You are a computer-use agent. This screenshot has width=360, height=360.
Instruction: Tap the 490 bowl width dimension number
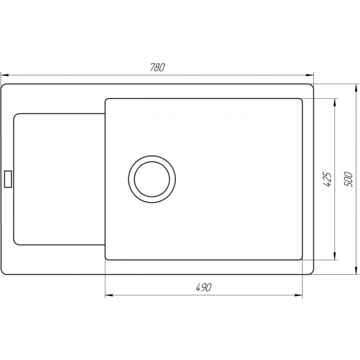coord(204,289)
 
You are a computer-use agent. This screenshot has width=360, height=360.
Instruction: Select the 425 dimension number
coord(328,179)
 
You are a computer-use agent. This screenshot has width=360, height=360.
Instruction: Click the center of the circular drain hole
coord(152,179)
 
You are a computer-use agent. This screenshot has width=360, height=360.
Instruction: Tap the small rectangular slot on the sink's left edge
coord(8,179)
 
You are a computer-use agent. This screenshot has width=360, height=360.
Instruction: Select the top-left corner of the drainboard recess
coord(16,115)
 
